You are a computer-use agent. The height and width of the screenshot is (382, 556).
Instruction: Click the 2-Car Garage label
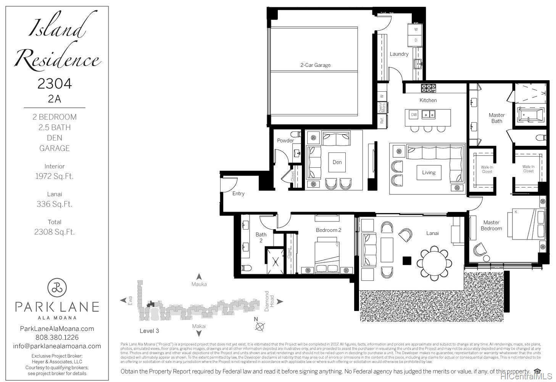pyautogui.click(x=315, y=65)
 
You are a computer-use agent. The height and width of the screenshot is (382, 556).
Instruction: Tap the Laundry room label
pyautogui.click(x=399, y=54)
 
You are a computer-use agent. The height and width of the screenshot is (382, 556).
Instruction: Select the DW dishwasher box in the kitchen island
pyautogui.click(x=414, y=114)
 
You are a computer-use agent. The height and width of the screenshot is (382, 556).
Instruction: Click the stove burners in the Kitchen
pyautogui.click(x=428, y=88)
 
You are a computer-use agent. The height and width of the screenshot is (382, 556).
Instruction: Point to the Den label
pyautogui.click(x=337, y=162)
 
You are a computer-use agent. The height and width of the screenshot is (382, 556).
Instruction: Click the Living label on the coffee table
pyautogui.click(x=429, y=173)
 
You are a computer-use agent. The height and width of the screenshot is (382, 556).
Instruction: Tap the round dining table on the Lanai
pyautogui.click(x=434, y=263)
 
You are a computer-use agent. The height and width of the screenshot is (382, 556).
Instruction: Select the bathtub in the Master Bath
pyautogui.click(x=531, y=115)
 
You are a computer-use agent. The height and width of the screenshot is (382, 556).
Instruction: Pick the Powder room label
pyautogui.click(x=285, y=141)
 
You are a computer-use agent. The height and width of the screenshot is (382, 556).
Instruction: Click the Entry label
pyautogui.click(x=239, y=194)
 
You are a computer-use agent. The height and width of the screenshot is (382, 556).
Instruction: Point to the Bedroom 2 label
pyautogui.click(x=328, y=230)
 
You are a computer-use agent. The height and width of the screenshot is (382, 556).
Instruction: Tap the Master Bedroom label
pyautogui.click(x=491, y=225)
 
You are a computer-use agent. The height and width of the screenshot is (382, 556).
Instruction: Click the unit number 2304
pyautogui.click(x=55, y=84)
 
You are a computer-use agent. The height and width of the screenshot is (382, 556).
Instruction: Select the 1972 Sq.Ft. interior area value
pyautogui.click(x=54, y=176)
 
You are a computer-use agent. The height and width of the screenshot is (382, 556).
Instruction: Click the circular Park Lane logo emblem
pyautogui.click(x=57, y=288)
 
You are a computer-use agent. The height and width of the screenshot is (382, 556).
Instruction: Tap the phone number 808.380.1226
pyautogui.click(x=57, y=337)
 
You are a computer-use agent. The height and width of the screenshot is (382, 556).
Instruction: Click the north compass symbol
pyautogui.click(x=260, y=326)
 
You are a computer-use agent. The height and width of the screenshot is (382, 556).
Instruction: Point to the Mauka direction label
pyautogui.click(x=199, y=284)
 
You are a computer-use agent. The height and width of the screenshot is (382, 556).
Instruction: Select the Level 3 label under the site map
pyautogui.click(x=149, y=331)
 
